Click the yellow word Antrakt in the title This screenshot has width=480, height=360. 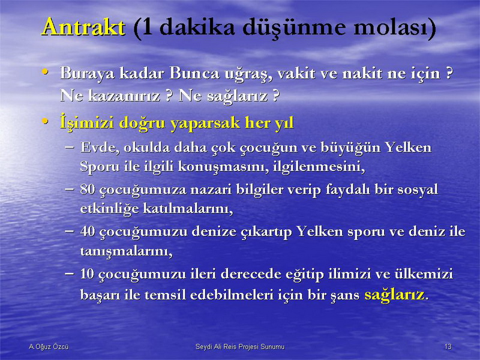click(x=83, y=27)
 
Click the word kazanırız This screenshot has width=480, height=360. click(x=124, y=96)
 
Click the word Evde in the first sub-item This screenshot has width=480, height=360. click(x=100, y=148)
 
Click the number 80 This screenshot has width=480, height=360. click(x=87, y=189)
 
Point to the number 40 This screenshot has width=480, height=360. click(x=87, y=231)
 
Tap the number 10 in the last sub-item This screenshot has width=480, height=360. click(x=87, y=274)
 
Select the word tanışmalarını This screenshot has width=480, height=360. click(x=126, y=251)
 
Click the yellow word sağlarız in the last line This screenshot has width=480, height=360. click(x=395, y=295)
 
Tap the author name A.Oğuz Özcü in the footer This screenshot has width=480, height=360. click(x=49, y=347)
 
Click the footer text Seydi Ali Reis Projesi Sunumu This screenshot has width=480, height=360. click(x=240, y=347)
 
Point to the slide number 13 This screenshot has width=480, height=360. click(x=448, y=347)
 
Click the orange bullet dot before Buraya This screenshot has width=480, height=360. click(x=45, y=72)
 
